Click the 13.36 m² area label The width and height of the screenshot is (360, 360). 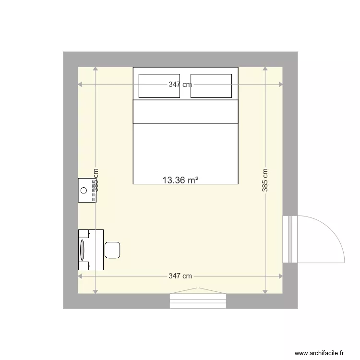click(180, 180)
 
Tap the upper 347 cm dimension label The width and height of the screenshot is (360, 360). click(180, 84)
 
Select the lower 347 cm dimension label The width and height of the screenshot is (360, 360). click(180, 276)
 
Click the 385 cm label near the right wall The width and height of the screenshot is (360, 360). click(265, 180)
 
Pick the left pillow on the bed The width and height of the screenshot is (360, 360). click(159, 86)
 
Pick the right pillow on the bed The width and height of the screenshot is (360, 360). click(212, 86)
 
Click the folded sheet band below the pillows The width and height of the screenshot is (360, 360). click(185, 111)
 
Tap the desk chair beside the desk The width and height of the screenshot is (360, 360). click(112, 250)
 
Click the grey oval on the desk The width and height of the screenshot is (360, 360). click(82, 250)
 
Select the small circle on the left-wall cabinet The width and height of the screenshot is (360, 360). click(84, 191)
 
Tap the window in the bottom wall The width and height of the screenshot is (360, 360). click(198, 300)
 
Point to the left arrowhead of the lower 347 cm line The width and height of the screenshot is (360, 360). click(80, 276)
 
